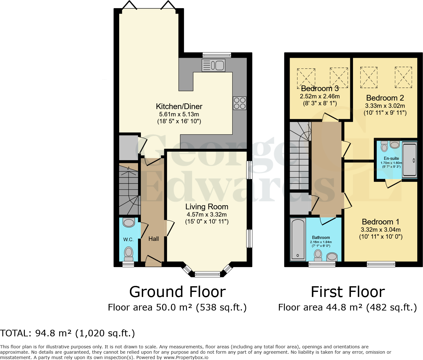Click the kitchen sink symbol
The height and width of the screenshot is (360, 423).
(213, 66)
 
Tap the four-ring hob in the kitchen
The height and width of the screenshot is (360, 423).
(240, 103)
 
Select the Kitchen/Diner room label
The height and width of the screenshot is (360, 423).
(179, 107)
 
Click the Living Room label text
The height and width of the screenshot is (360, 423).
(207, 207)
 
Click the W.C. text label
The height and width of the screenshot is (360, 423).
(128, 240)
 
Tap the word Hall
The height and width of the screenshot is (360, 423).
(154, 239)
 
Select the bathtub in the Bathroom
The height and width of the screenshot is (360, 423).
(298, 240)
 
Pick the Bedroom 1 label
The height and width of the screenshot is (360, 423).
(380, 222)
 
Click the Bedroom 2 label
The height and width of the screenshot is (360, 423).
(385, 98)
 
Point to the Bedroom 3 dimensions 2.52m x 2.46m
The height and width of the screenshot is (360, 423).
(320, 96)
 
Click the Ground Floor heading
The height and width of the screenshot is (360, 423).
(177, 292)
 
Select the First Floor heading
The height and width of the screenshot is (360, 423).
(348, 292)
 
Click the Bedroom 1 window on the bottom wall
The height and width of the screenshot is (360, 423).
(381, 264)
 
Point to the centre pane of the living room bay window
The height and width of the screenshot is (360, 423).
(207, 274)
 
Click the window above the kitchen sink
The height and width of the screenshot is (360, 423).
(217, 55)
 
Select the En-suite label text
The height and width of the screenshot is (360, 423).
(391, 159)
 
